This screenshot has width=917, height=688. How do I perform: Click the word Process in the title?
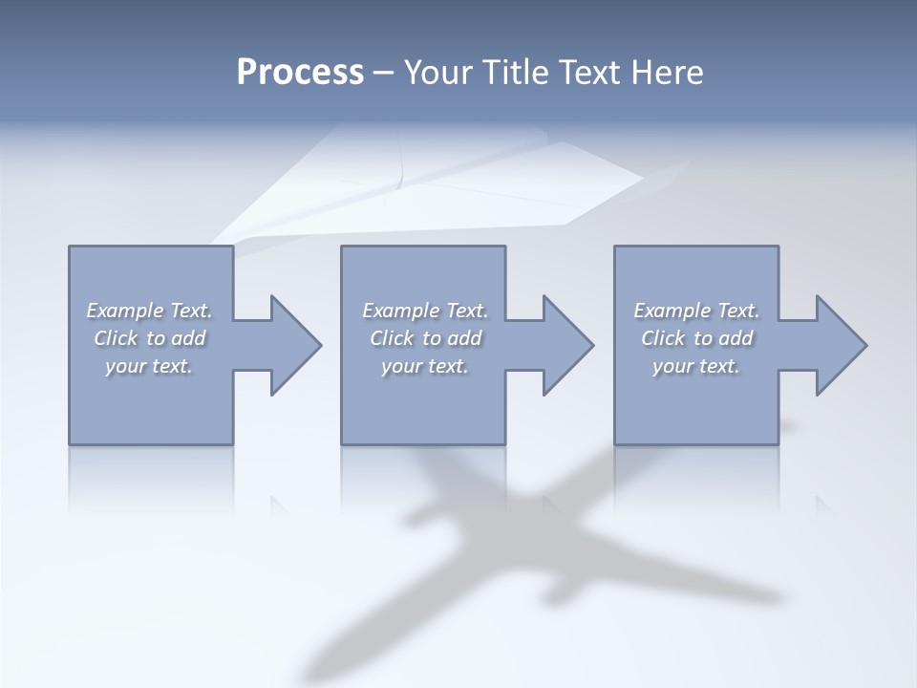[x=300, y=73]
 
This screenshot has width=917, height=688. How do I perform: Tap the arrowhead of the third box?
[x=840, y=345]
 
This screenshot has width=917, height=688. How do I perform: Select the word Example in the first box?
[x=125, y=311]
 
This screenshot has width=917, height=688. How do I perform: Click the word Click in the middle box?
[x=390, y=338]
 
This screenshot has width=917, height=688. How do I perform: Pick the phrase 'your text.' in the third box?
[x=696, y=366]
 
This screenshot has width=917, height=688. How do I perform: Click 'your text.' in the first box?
[x=149, y=366]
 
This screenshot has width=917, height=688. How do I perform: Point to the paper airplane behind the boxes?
[x=449, y=182]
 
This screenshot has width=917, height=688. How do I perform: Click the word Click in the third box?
[x=663, y=338]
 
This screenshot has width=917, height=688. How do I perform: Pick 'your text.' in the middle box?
[x=424, y=366]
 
